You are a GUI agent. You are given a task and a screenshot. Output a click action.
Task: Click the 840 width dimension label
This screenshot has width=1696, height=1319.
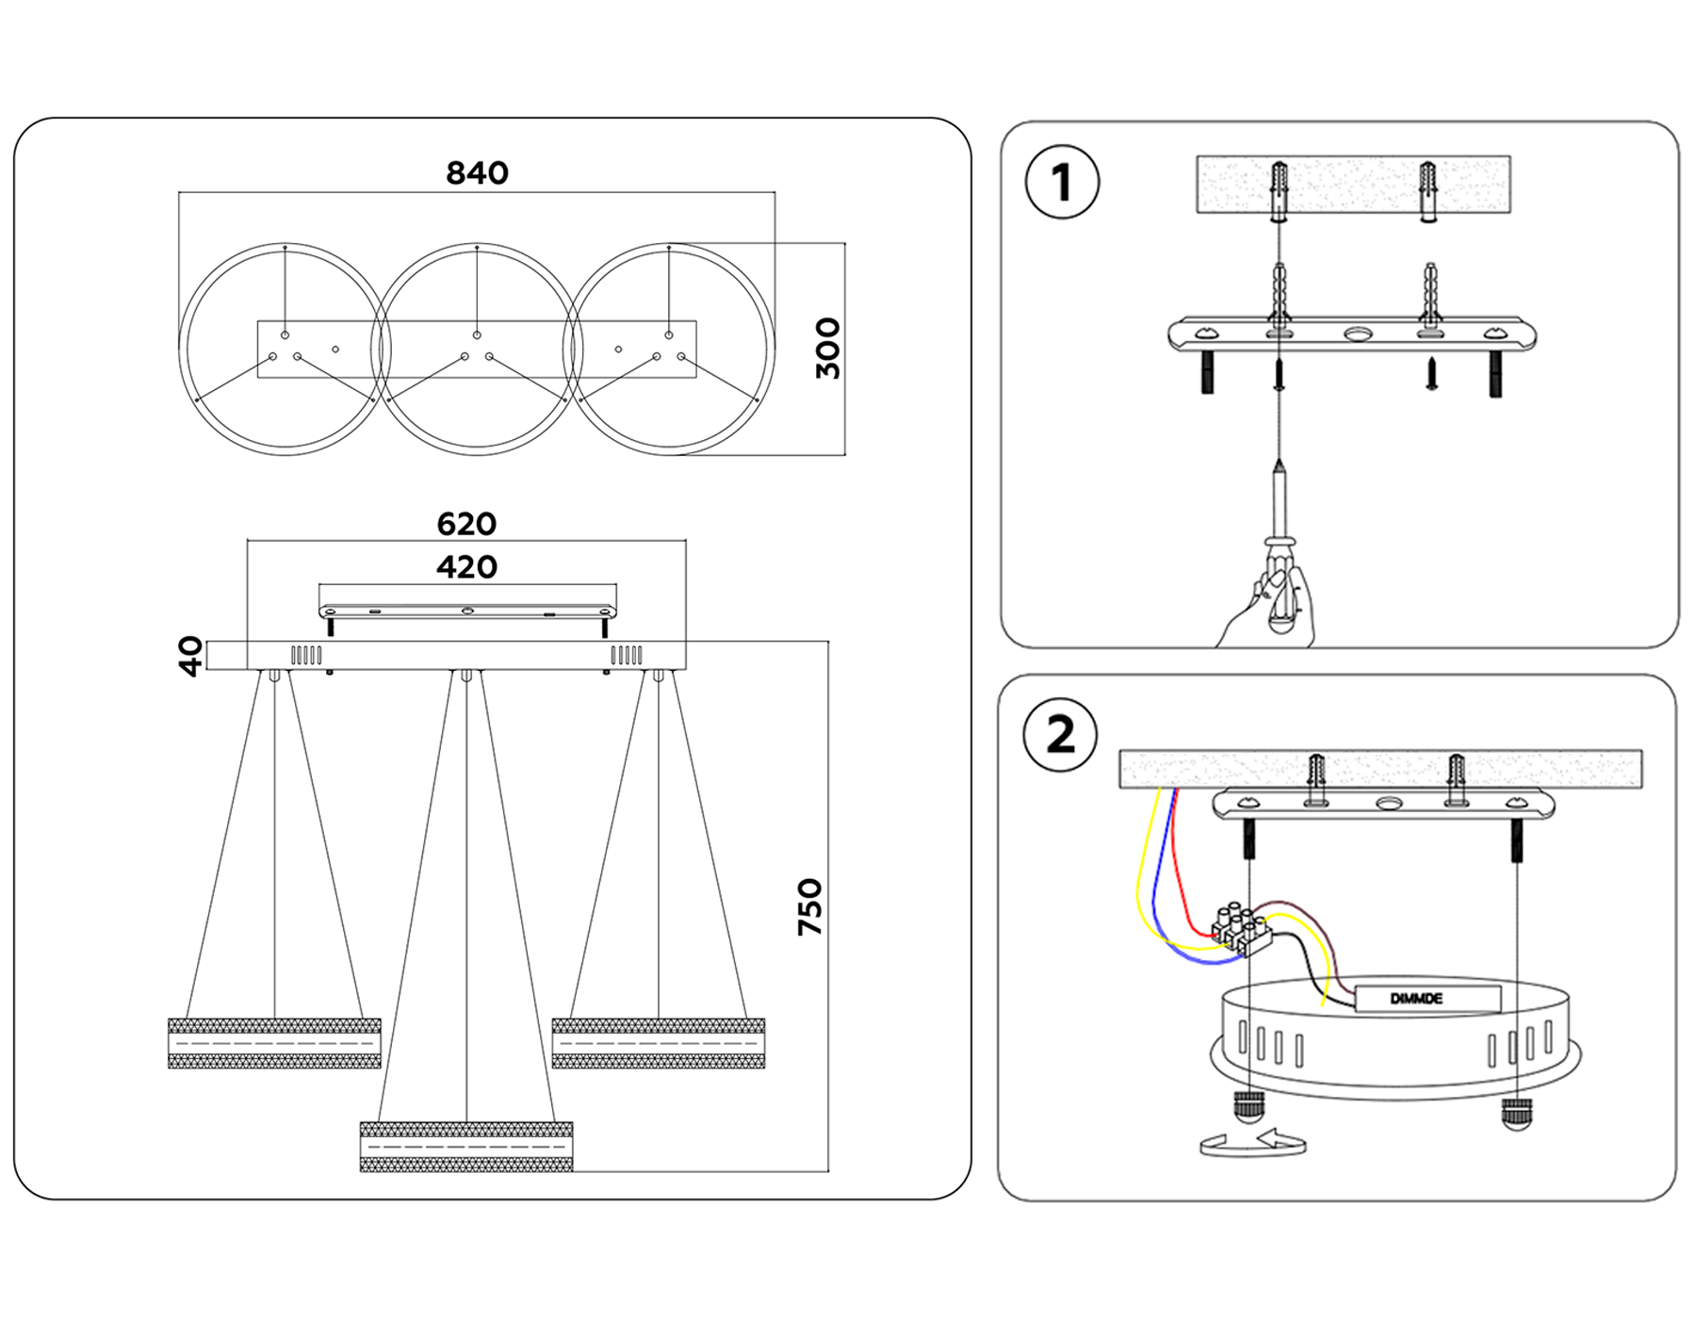(x=477, y=173)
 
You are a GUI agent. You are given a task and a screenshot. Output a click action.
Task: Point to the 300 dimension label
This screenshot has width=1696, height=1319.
(x=827, y=349)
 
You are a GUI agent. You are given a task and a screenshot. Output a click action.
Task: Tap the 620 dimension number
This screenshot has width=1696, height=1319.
(x=466, y=524)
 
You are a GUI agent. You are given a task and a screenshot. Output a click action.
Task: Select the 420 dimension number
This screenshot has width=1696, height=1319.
(x=466, y=567)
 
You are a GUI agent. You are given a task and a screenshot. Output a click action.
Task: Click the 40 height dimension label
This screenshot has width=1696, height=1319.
(x=190, y=656)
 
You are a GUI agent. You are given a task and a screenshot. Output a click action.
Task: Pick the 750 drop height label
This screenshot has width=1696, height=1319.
(x=809, y=906)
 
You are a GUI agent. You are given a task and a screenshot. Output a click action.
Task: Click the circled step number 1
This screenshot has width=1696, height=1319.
(x=1062, y=183)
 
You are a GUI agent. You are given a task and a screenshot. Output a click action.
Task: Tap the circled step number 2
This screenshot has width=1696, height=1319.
(x=1061, y=735)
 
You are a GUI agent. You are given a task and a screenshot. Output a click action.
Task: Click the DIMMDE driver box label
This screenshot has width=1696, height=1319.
(x=1416, y=999)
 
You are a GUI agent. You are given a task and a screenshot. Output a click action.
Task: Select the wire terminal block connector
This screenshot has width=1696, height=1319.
(x=1241, y=927)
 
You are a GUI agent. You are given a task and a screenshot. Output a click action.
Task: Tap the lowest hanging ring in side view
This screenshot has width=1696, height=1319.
(x=466, y=1147)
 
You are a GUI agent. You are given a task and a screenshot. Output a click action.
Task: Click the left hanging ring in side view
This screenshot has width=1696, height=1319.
(x=274, y=1043)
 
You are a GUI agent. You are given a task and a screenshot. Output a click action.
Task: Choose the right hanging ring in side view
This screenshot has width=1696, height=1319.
(x=658, y=1043)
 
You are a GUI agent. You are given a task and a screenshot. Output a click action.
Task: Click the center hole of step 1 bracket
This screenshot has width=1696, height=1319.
(x=1358, y=334)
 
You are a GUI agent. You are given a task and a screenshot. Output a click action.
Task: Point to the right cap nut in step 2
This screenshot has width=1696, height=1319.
(x=1516, y=1113)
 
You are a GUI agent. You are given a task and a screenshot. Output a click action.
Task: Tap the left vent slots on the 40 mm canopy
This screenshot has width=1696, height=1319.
(x=306, y=655)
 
